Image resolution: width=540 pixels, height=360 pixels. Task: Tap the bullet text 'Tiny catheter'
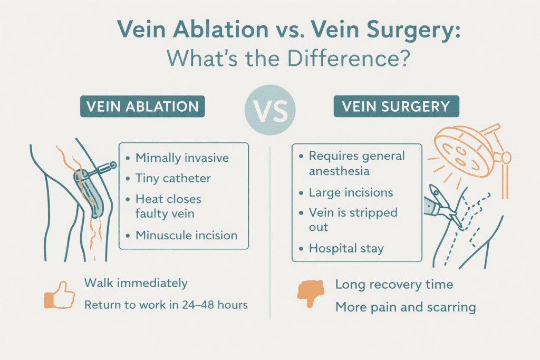[173, 179]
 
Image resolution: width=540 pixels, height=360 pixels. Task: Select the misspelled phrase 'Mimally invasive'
[182, 157]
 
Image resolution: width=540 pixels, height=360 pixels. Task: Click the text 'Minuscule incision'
[186, 235]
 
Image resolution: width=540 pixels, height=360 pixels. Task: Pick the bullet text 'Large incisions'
[351, 192]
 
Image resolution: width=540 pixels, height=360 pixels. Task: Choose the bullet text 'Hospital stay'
[346, 248]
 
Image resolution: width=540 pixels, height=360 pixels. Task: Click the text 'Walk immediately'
[136, 283]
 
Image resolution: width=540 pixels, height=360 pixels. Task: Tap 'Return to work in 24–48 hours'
[166, 305]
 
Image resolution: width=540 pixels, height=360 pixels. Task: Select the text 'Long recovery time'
[394, 285]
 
